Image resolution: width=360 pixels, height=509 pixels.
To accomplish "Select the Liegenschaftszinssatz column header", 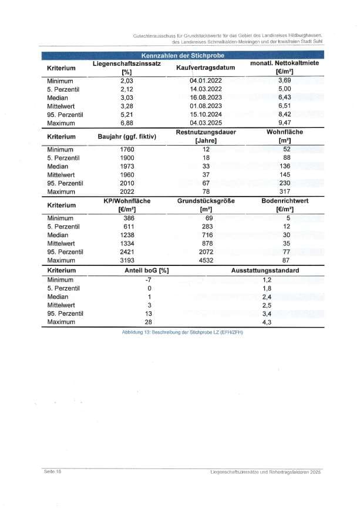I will tap(127, 68).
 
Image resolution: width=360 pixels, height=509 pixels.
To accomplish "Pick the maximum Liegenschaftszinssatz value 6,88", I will tap(127, 123).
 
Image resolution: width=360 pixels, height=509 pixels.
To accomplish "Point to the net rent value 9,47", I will tap(284, 123).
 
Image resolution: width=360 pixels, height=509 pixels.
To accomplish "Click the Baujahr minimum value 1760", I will tap(127, 149).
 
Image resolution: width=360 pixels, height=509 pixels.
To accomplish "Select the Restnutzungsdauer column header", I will tap(206, 136).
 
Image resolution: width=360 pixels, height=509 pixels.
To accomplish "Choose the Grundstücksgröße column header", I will tap(206, 205).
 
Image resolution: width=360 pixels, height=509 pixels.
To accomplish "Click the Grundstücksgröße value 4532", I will tap(206, 261).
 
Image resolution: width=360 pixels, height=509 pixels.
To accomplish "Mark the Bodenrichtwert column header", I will tap(285, 205).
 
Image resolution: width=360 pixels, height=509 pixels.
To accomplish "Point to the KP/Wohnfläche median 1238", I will tap(127, 235).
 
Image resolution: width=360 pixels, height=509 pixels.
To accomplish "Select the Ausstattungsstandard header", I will tap(265, 271).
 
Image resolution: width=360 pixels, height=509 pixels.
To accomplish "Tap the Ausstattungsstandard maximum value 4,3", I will tap(266, 322).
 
